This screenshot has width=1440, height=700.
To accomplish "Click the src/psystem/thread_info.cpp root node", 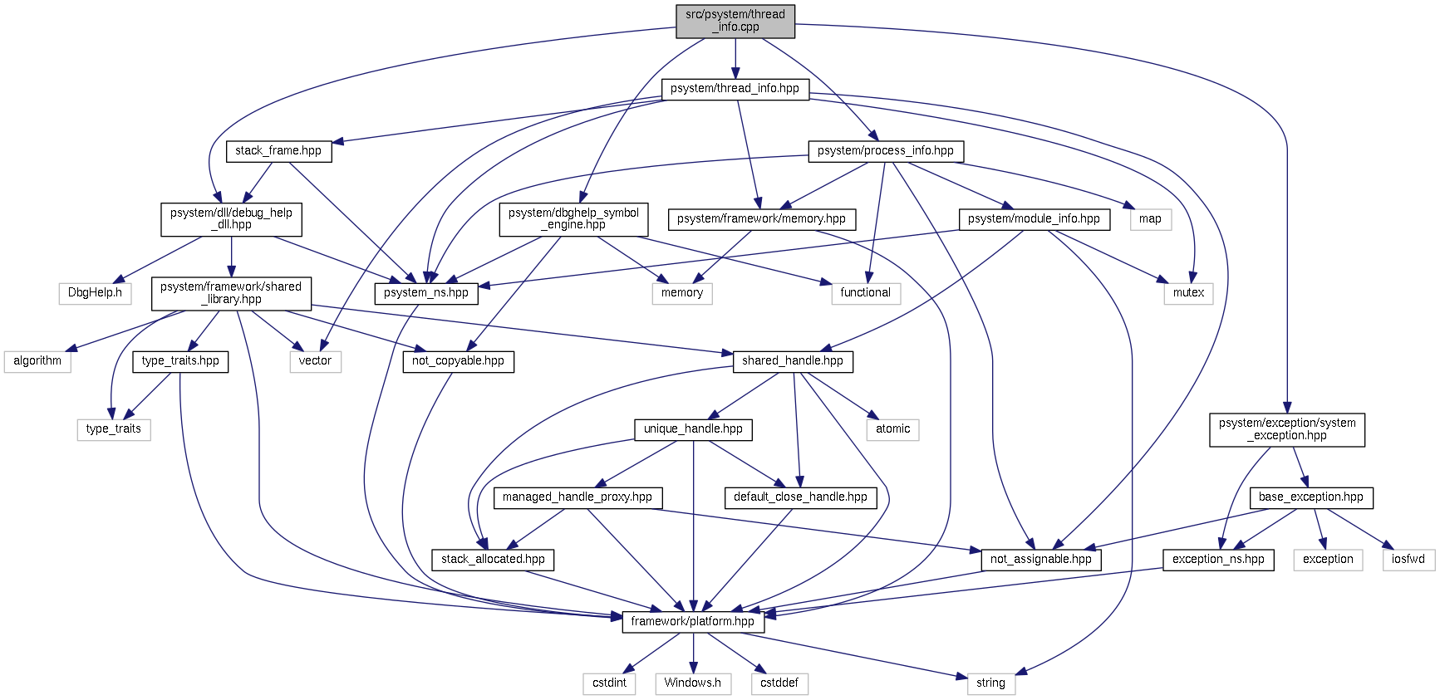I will tap(735, 21).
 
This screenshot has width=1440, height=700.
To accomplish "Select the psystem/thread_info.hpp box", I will tap(735, 89).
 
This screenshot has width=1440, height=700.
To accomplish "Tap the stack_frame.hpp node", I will tap(278, 151).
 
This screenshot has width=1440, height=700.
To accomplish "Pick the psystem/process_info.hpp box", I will tap(885, 151).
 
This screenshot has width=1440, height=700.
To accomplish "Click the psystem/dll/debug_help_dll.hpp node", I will tap(231, 219).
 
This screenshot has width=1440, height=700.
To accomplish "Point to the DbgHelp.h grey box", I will tap(95, 293).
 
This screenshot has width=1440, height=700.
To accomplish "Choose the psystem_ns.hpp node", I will tap(425, 293).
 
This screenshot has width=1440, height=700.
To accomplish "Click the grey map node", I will tap(1150, 219).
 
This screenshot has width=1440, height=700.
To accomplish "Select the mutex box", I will tap(1188, 293).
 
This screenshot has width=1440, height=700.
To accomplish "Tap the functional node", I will tap(865, 293).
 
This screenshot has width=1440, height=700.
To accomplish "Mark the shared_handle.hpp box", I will tap(792, 361).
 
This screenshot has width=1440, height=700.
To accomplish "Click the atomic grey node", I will tap(892, 429).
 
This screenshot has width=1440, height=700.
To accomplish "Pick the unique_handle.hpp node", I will tap(693, 429).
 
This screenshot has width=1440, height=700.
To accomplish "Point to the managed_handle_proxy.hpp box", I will tap(577, 497).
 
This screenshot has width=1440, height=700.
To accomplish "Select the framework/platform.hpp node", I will tap(692, 622).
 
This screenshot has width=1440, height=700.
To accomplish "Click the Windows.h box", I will tap(692, 683).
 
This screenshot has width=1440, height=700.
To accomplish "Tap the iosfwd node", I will tap(1408, 560).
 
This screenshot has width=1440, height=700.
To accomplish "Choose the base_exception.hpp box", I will tap(1310, 497).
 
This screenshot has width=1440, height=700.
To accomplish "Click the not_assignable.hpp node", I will tap(1040, 560).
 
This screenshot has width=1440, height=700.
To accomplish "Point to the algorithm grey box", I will tap(37, 361).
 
